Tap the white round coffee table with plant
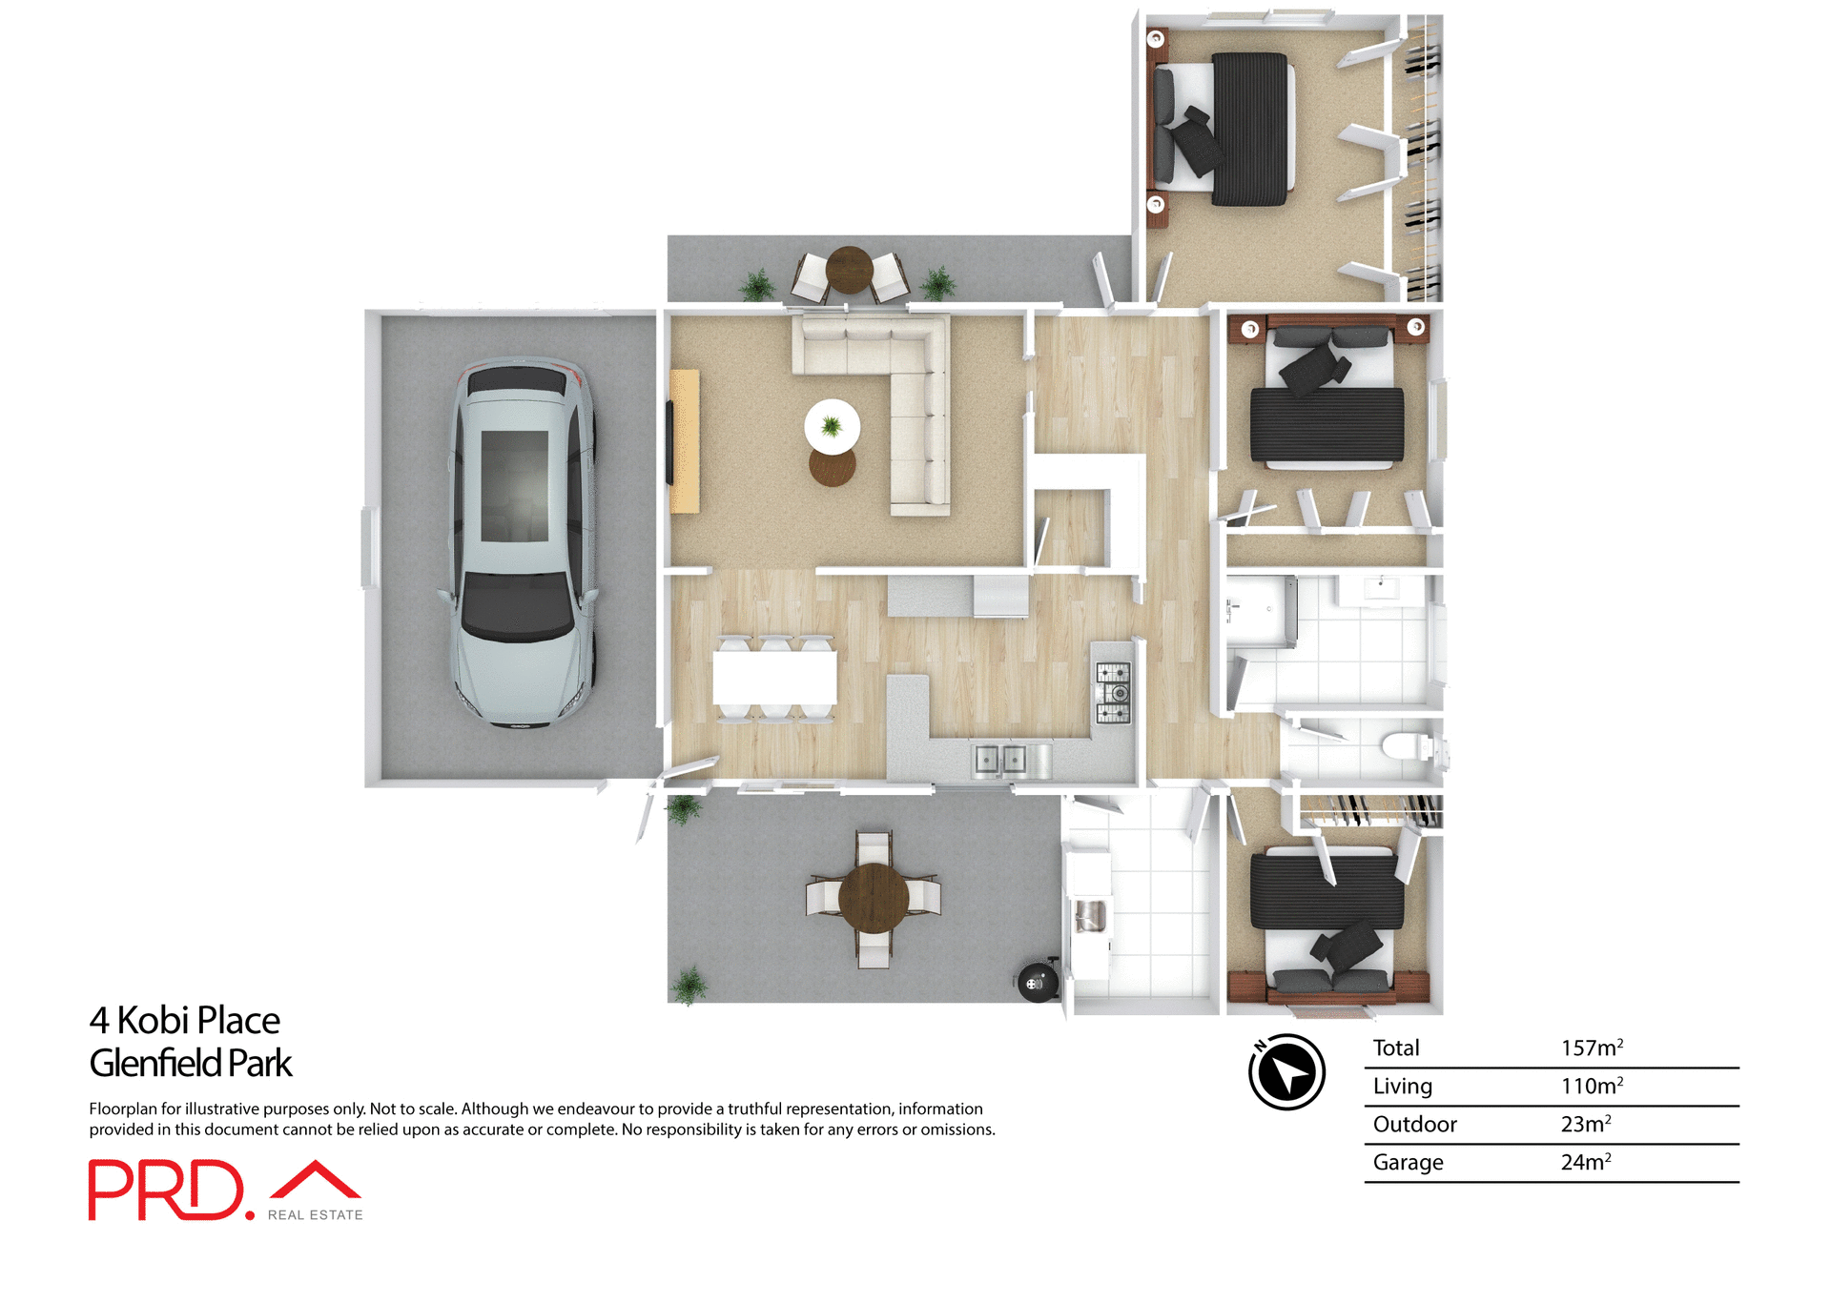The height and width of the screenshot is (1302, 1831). pyautogui.click(x=832, y=426)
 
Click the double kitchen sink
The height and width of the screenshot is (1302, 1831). pyautogui.click(x=1000, y=760)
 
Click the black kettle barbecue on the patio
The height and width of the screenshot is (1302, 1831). pyautogui.click(x=1037, y=983)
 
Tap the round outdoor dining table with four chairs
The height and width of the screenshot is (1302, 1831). pyautogui.click(x=873, y=897)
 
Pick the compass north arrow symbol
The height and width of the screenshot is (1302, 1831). pyautogui.click(x=1286, y=1072)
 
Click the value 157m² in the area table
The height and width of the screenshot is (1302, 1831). pyautogui.click(x=1591, y=1048)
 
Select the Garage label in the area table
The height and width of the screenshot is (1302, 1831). pyautogui.click(x=1408, y=1163)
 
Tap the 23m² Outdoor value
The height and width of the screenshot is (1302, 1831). pyautogui.click(x=1585, y=1125)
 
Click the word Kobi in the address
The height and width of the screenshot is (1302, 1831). pyautogui.click(x=153, y=1021)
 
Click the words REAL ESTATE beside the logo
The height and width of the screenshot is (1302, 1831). pyautogui.click(x=315, y=1215)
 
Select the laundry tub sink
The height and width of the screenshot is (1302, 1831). pyautogui.click(x=1089, y=917)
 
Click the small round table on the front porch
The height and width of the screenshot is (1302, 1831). pyautogui.click(x=849, y=270)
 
